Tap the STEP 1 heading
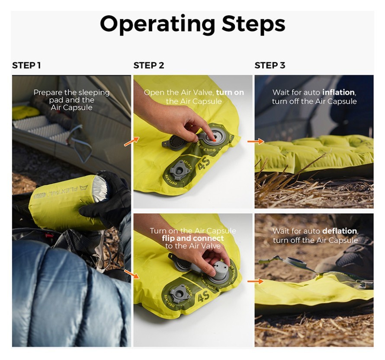(x=26, y=66)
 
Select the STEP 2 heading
(x=149, y=66)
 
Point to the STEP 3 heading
(x=270, y=66)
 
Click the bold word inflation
(x=339, y=92)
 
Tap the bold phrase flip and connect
(x=193, y=238)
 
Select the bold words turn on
(x=230, y=92)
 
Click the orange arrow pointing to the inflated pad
(x=256, y=141)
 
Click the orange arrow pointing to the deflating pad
(x=256, y=281)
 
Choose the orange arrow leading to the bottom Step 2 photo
(x=132, y=273)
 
